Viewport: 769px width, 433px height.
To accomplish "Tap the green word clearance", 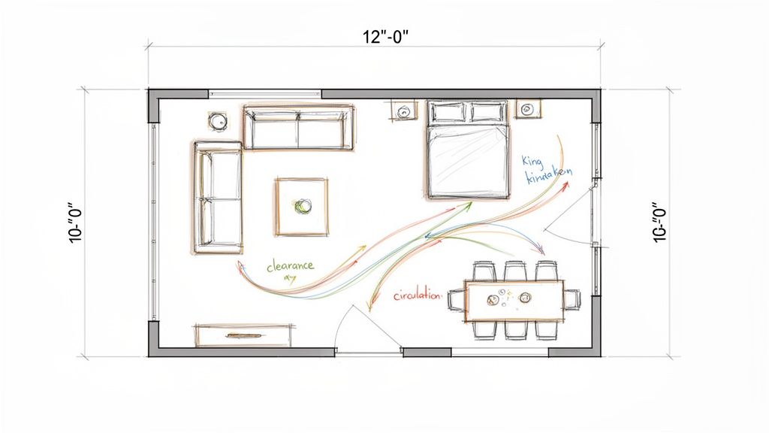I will (x=290, y=266).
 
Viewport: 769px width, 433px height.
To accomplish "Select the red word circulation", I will (x=418, y=295).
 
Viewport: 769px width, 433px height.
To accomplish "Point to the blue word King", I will (x=531, y=161).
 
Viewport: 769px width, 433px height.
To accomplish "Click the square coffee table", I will (x=301, y=206).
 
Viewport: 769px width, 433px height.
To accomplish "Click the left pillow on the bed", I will (x=448, y=113).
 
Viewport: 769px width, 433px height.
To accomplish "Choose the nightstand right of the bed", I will (x=527, y=110).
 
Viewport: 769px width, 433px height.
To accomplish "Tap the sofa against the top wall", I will (x=298, y=129).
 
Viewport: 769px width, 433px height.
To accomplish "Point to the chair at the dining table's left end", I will (x=457, y=300).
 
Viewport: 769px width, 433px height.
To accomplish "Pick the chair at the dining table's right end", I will (x=571, y=299).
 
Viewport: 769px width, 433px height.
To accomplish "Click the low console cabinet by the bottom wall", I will (x=243, y=334).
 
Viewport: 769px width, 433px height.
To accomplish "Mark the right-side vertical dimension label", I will (x=660, y=223).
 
